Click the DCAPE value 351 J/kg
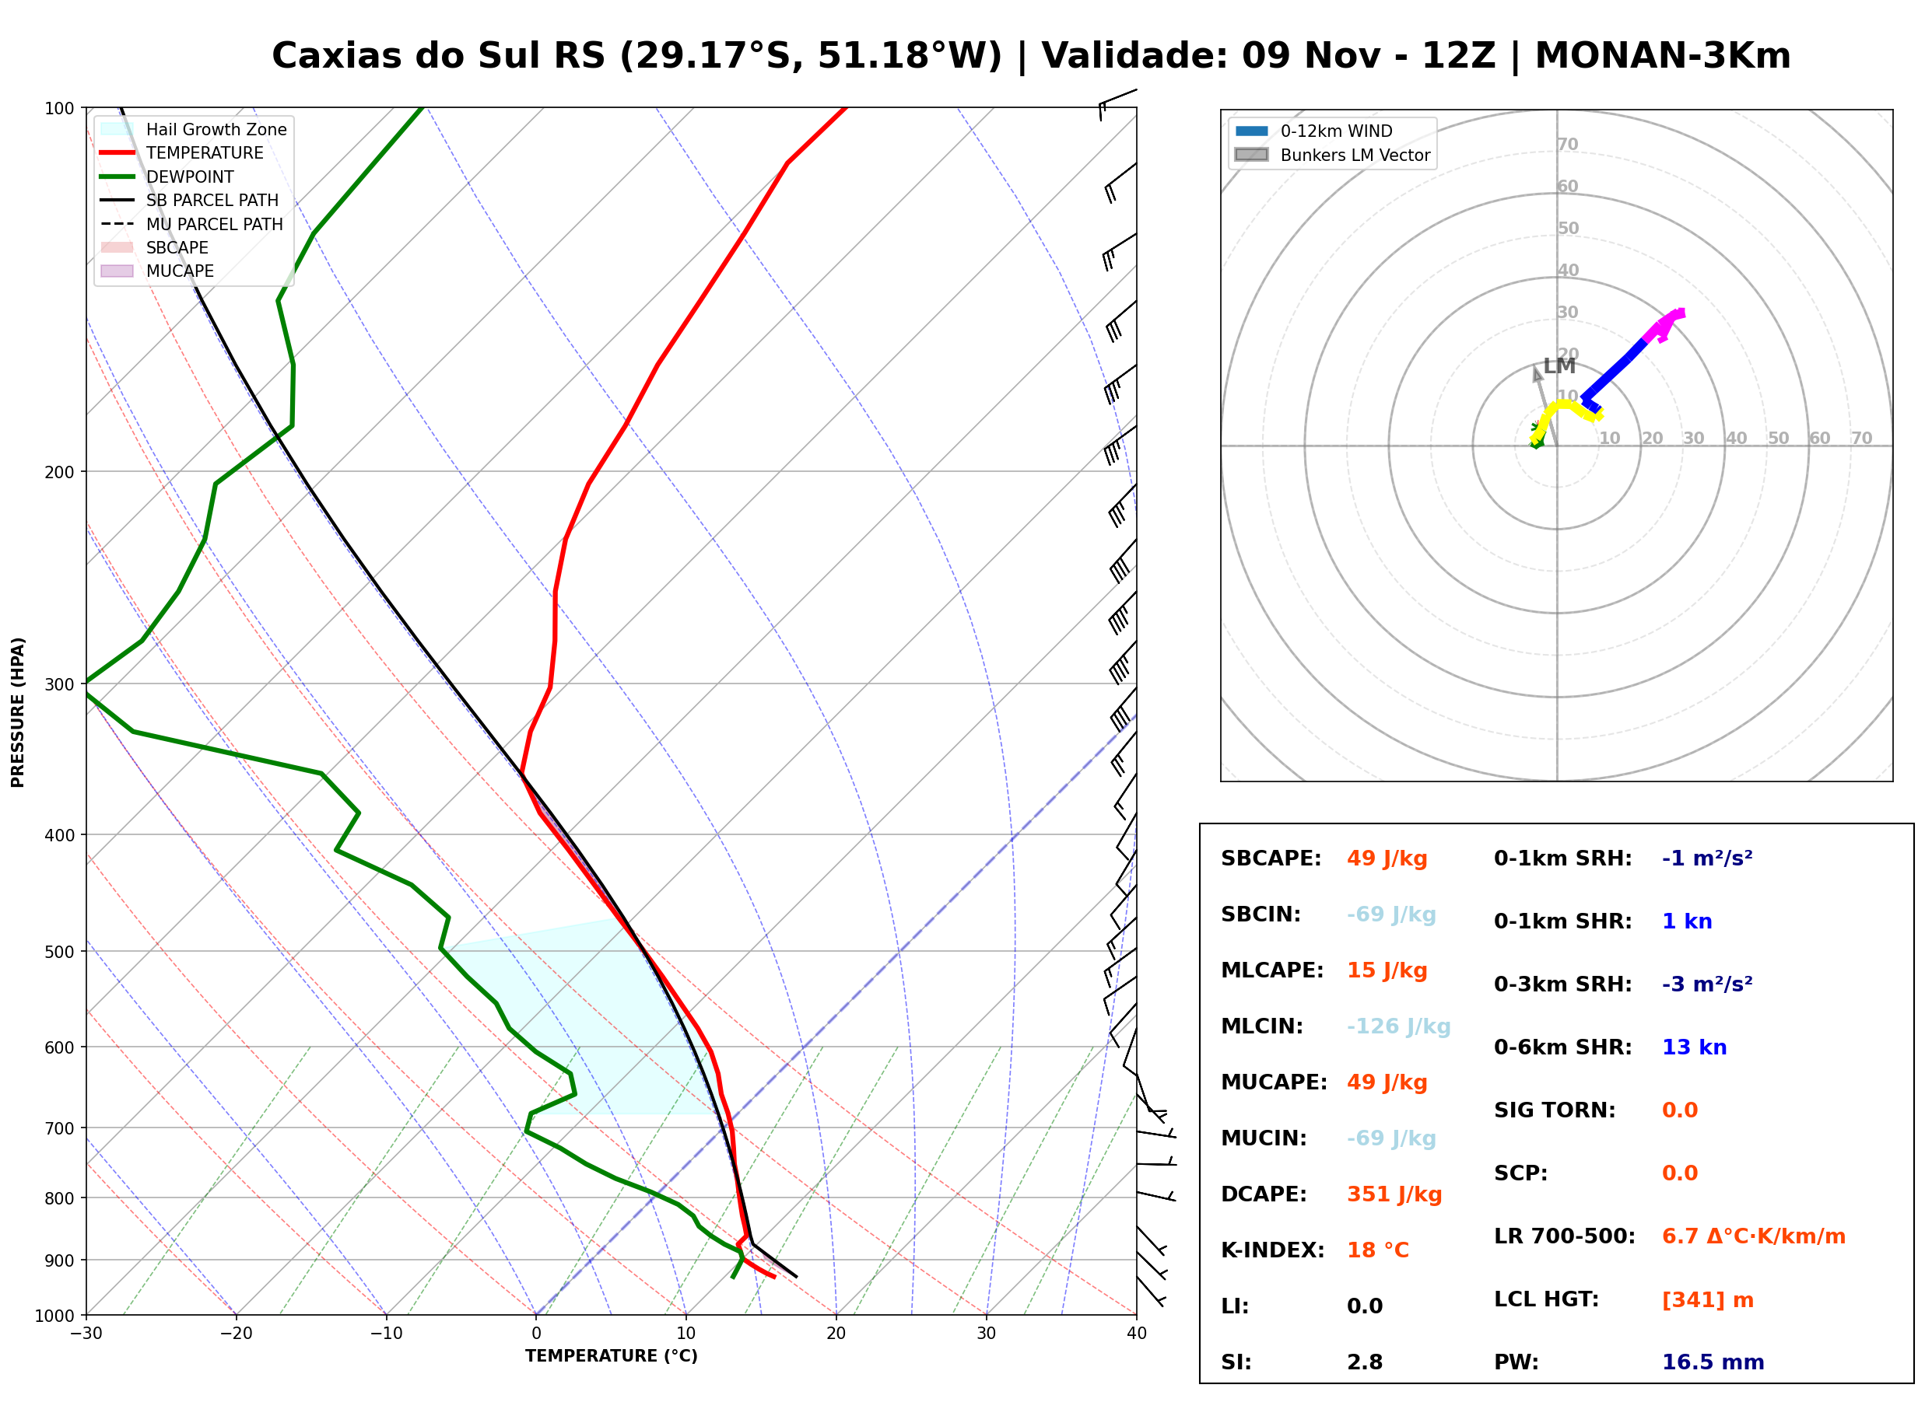click(1394, 1194)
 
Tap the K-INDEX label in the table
click(1272, 1250)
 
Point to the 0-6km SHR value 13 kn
click(1694, 1047)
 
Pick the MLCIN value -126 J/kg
click(1398, 1026)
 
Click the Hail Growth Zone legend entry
click(194, 129)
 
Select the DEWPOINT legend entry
click(167, 177)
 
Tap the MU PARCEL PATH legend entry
click(191, 224)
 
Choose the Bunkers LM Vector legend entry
click(1332, 155)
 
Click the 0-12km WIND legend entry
click(1313, 131)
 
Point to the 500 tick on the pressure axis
click(59, 952)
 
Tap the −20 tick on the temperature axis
click(236, 1334)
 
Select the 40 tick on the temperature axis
click(1137, 1334)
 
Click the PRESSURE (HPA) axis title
click(18, 712)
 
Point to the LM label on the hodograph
click(1559, 366)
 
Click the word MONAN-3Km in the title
click(1662, 55)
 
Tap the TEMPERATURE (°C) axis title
click(612, 1356)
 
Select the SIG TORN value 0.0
click(1679, 1110)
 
